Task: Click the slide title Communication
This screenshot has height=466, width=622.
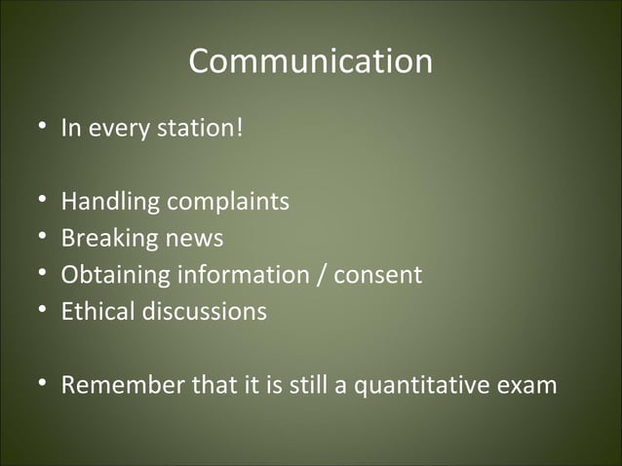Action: coord(310,61)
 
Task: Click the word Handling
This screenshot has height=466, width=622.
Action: coord(110,202)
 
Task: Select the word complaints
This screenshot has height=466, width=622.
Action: coord(227,202)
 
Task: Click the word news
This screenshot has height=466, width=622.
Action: coord(193,239)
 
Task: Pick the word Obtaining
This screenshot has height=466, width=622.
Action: coord(115,276)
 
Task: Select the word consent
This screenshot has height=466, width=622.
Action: coord(378,276)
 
